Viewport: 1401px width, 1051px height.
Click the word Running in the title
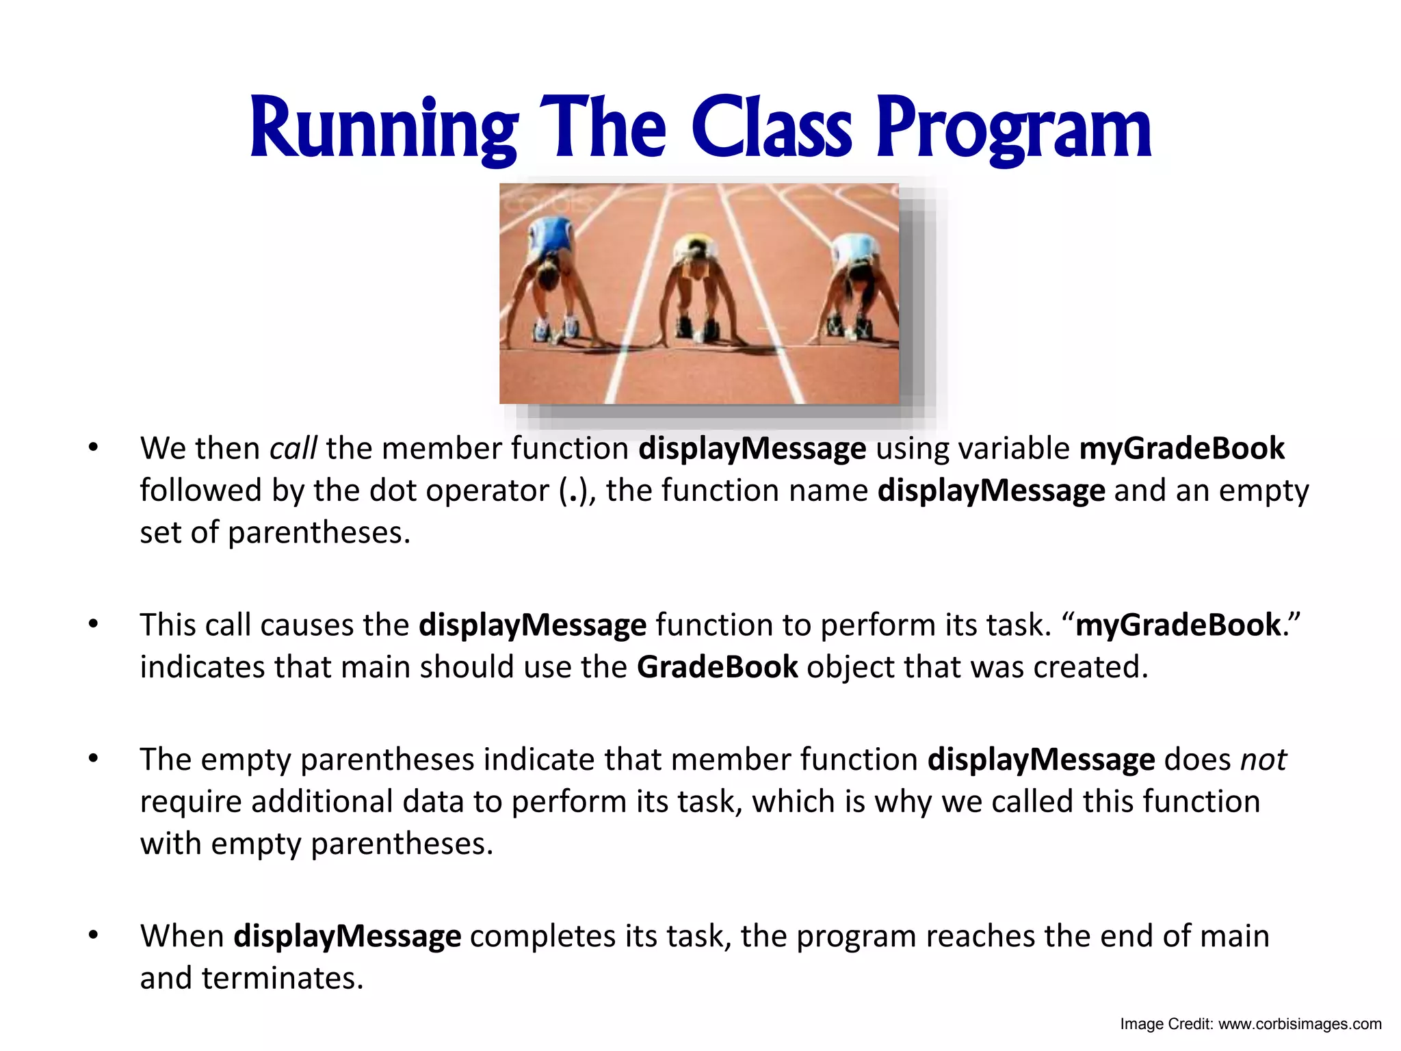tap(383, 130)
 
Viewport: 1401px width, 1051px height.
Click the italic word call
tap(293, 449)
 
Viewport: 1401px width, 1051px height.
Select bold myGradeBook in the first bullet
tap(1181, 449)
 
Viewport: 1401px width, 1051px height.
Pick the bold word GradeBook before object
tap(716, 667)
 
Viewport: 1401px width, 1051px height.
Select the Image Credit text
tap(1250, 1024)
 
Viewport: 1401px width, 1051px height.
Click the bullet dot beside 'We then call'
tap(94, 449)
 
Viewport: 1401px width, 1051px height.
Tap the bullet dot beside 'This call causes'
tap(94, 625)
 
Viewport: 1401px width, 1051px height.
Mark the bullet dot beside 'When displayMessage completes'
tap(94, 935)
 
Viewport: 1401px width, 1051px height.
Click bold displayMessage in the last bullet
tap(347, 936)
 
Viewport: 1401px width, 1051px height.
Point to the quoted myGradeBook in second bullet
tap(1177, 625)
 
